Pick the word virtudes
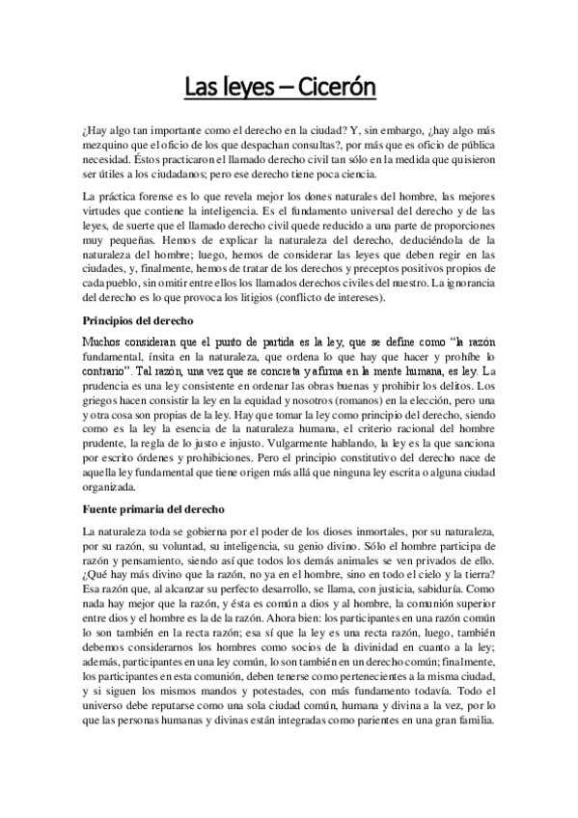107,211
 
